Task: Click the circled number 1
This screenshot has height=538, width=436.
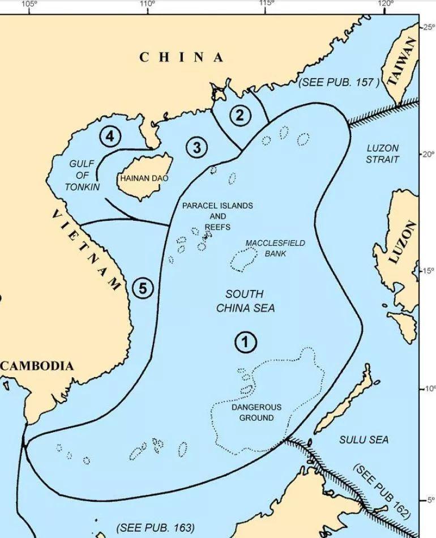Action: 245,342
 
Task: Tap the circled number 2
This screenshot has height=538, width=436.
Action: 240,116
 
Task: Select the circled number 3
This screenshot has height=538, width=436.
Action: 196,148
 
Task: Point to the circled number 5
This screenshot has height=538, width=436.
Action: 143,288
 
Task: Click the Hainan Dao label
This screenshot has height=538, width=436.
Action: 144,178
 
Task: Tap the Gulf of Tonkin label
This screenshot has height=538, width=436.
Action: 82,175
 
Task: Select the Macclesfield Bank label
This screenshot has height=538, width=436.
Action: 275,248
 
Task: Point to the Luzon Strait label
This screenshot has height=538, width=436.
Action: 382,153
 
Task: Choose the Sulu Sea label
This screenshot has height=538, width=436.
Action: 364,439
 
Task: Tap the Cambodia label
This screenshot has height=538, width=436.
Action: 37,366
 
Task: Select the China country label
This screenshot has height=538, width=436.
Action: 181,57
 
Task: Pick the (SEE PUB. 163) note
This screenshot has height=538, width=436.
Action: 155,528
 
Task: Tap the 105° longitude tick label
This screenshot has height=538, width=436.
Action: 29,4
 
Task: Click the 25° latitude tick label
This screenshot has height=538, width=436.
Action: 428,27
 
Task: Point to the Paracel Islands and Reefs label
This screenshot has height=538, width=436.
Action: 217,216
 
